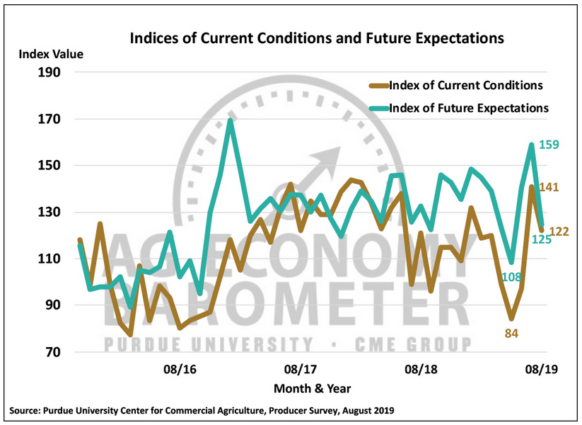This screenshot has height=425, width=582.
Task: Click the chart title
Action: click(x=317, y=38)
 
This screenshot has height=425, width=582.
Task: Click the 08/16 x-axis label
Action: click(x=180, y=370)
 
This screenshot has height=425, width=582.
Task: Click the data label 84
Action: click(x=511, y=331)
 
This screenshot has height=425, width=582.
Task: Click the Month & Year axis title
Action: click(x=313, y=388)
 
